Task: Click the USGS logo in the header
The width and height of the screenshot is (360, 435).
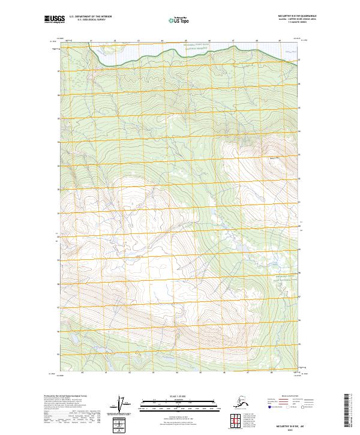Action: (53, 20)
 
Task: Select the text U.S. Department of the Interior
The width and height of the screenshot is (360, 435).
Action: (88, 18)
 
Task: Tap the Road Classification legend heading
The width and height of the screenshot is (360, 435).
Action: (288, 396)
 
